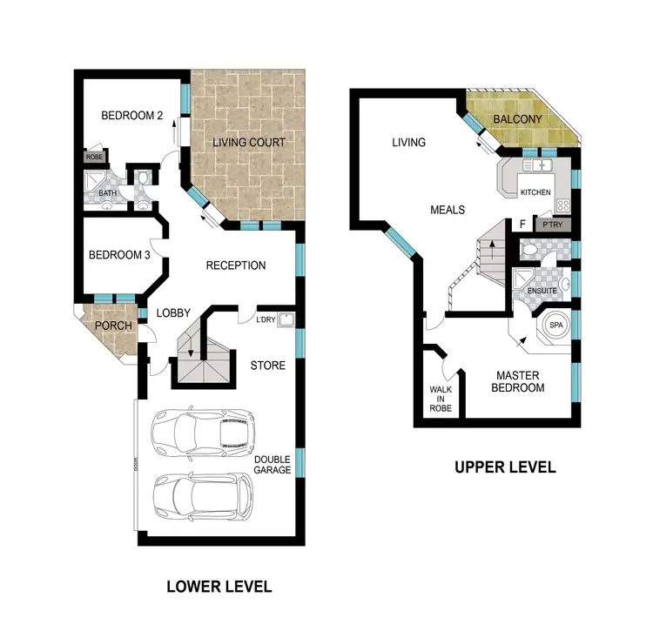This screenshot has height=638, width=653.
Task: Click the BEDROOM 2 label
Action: pyautogui.click(x=132, y=116)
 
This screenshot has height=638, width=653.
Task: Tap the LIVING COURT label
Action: pyautogui.click(x=250, y=142)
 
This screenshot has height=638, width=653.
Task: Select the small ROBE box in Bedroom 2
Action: pyautogui.click(x=95, y=158)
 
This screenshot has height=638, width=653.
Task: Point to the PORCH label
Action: pyautogui.click(x=113, y=326)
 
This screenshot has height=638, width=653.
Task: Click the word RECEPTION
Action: pyautogui.click(x=235, y=265)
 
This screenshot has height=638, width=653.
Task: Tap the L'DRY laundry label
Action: pyautogui.click(x=266, y=319)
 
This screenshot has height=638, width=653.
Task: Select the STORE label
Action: pyautogui.click(x=267, y=366)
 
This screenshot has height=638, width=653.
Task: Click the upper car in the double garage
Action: pyautogui.click(x=202, y=433)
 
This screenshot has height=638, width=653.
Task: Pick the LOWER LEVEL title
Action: pyautogui.click(x=219, y=587)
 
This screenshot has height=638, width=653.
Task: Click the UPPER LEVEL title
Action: pyautogui.click(x=505, y=467)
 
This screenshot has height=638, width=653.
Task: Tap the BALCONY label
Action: pyautogui.click(x=517, y=119)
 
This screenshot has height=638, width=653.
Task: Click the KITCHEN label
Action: pyautogui.click(x=535, y=191)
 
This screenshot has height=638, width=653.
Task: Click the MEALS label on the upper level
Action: pyautogui.click(x=448, y=210)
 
